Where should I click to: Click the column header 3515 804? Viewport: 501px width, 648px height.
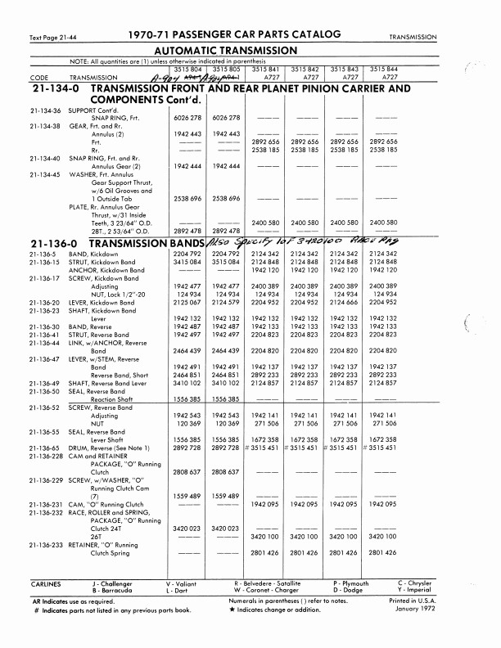tap(189, 69)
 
